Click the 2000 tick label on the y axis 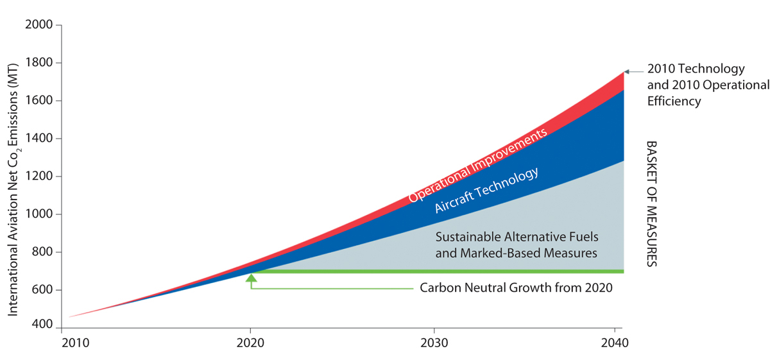tap(39, 25)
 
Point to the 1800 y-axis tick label tap(39, 63)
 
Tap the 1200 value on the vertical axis tap(39, 176)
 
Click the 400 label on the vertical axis tap(42, 325)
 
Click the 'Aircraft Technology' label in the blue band tap(486, 191)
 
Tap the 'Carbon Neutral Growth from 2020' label tap(516, 288)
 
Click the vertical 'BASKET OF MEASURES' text tap(651, 203)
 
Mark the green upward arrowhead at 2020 tap(251, 279)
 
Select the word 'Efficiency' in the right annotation tap(674, 101)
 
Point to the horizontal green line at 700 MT tap(436, 271)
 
